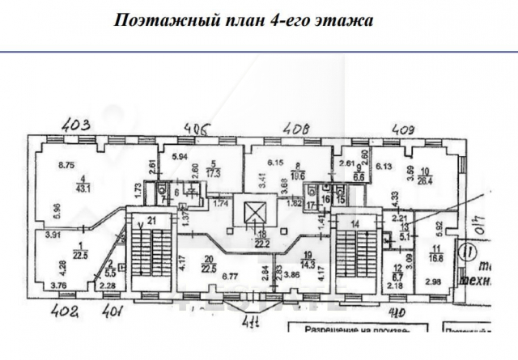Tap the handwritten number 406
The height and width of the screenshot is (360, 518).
point(196,127)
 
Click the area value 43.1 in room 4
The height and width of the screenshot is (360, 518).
point(83,188)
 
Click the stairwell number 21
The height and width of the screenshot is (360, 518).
point(151,221)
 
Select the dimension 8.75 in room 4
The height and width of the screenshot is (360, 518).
point(66,166)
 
